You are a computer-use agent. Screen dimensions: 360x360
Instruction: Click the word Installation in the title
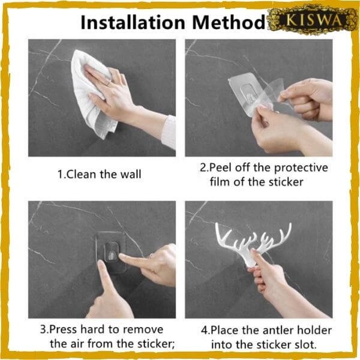click(x=133, y=23)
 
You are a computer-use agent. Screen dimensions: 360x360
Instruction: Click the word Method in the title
click(x=229, y=23)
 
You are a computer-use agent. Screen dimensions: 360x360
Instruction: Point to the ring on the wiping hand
click(x=109, y=83)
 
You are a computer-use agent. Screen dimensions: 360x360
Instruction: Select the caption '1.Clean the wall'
click(x=99, y=174)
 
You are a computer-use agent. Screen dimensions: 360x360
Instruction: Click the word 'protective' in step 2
click(x=301, y=168)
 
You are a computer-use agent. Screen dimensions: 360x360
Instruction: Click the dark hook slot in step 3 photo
click(x=112, y=252)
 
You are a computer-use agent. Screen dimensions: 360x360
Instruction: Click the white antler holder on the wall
click(x=253, y=244)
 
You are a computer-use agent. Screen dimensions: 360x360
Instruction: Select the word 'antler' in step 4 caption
click(x=278, y=331)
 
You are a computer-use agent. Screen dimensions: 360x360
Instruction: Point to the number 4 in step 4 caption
click(x=205, y=331)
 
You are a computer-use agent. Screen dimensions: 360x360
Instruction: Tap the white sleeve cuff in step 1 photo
click(x=169, y=132)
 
